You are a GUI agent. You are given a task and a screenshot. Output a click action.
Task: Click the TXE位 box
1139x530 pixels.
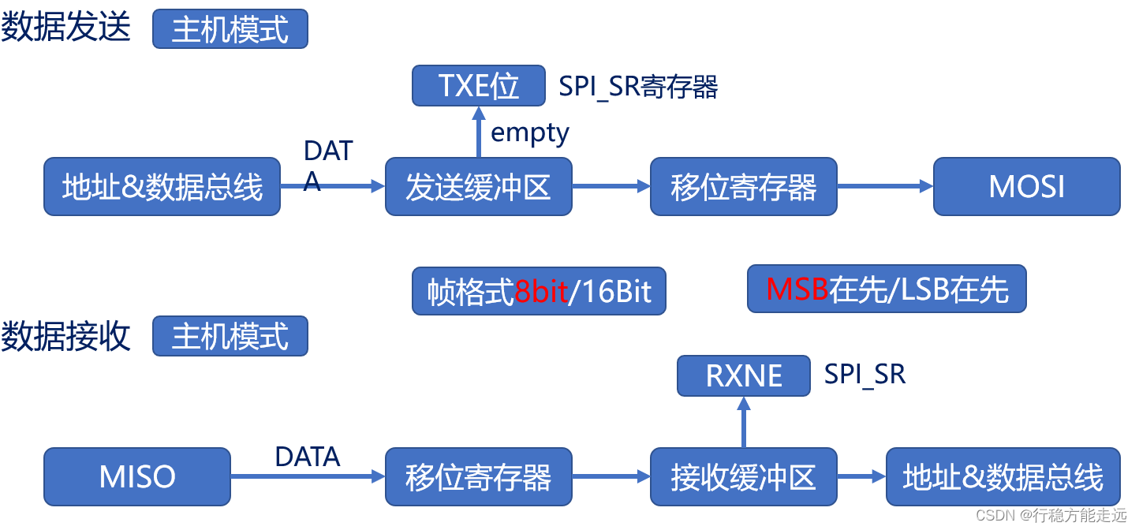pyautogui.click(x=478, y=85)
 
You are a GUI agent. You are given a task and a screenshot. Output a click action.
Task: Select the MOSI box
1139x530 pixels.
pyautogui.click(x=1026, y=187)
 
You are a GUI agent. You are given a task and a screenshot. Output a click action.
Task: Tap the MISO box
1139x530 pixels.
pyautogui.click(x=136, y=477)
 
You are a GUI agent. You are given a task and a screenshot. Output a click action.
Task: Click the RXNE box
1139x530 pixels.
pyautogui.click(x=743, y=375)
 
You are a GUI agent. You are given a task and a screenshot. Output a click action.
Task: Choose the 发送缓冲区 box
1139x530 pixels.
pyautogui.click(x=478, y=187)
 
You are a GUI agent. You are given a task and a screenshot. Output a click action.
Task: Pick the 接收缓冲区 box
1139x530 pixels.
pyautogui.click(x=743, y=477)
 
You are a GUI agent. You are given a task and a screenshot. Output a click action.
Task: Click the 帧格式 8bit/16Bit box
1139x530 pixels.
pyautogui.click(x=539, y=292)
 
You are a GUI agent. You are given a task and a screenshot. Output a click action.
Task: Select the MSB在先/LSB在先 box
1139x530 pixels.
pyautogui.click(x=887, y=289)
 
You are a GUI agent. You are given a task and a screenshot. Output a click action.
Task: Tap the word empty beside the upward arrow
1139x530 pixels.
pyautogui.click(x=529, y=132)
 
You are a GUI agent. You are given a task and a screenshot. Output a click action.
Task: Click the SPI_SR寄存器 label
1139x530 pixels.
pyautogui.click(x=638, y=87)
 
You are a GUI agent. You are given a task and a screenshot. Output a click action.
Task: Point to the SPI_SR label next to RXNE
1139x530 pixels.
pyautogui.click(x=865, y=375)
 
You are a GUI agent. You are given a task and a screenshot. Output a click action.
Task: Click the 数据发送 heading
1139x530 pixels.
pyautogui.click(x=65, y=28)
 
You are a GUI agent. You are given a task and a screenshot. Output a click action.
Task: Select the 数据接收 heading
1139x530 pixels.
pyautogui.click(x=65, y=336)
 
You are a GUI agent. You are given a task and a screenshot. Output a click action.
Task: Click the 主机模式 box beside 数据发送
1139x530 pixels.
pyautogui.click(x=230, y=29)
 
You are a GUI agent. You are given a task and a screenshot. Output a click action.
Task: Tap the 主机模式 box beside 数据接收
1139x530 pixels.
pyautogui.click(x=230, y=336)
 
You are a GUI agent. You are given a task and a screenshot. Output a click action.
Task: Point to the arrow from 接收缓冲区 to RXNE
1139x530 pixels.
pyautogui.click(x=743, y=422)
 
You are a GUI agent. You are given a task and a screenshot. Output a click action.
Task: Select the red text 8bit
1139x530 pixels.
pyautogui.click(x=541, y=292)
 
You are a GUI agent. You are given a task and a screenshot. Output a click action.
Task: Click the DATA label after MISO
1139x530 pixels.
pyautogui.click(x=307, y=457)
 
